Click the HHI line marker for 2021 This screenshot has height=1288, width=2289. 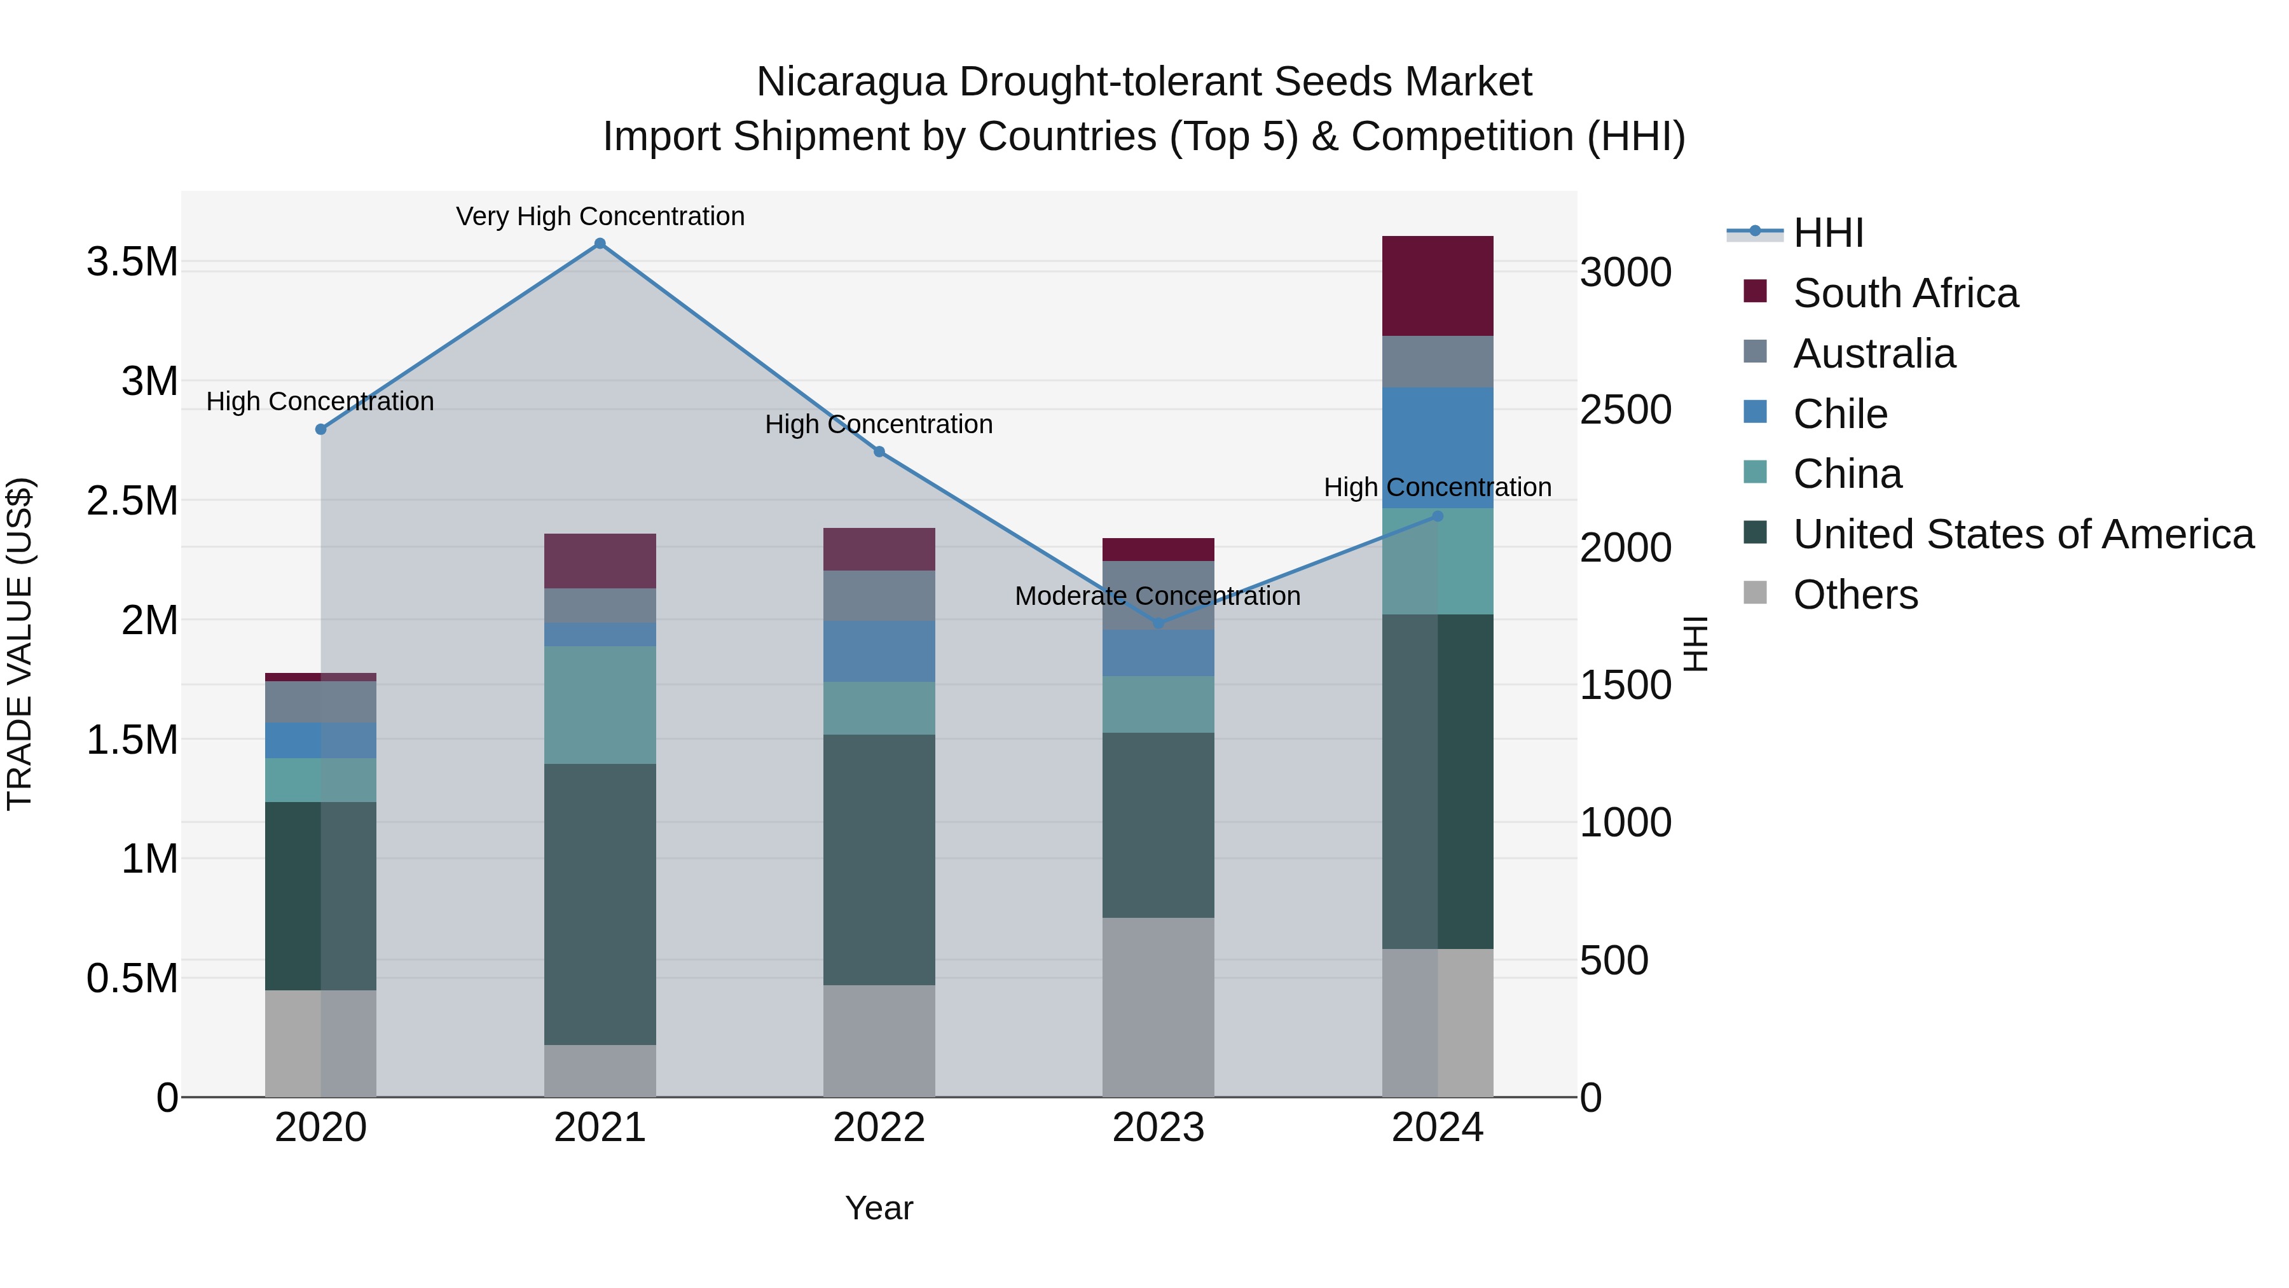tap(600, 244)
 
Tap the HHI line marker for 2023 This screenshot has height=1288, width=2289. tap(1158, 624)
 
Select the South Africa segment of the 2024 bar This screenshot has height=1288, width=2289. tap(1438, 286)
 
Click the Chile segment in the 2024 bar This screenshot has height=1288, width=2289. tap(1438, 448)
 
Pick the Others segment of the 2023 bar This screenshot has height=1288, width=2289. tap(1158, 1007)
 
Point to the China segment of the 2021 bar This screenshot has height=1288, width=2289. tap(600, 705)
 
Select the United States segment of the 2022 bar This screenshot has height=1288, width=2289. tap(879, 859)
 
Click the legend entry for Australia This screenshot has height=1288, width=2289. tap(1873, 354)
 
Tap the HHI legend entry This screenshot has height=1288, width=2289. tap(1827, 233)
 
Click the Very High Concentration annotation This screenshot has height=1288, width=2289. tap(600, 216)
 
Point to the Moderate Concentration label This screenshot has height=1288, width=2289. tap(1157, 595)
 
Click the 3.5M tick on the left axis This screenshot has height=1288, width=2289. tap(132, 262)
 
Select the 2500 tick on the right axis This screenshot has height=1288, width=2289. tap(1625, 410)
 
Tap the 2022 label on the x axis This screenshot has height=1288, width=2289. tap(879, 1128)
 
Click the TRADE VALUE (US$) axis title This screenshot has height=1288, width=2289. tap(20, 644)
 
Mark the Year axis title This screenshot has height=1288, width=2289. tap(879, 1208)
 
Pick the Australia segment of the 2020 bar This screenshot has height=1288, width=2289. tap(321, 702)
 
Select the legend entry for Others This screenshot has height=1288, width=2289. tap(1855, 595)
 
